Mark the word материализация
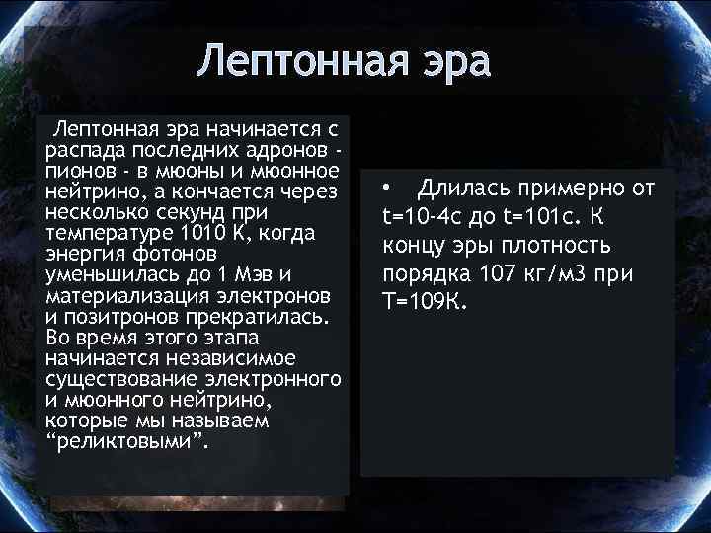click(124, 295)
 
